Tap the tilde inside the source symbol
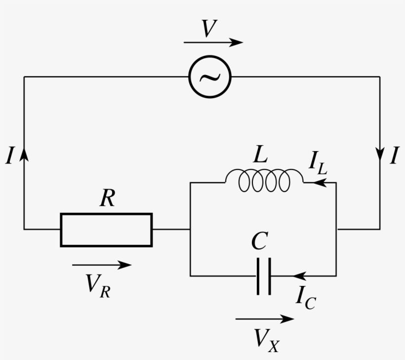pos(210,77)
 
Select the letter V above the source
pos(209,30)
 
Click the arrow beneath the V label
pos(213,43)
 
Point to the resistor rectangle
pos(106,230)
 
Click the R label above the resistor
pos(107,199)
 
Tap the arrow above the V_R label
pos(102,265)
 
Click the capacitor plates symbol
pos(264,277)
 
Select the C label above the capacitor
pos(259,241)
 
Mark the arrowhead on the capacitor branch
pos(298,276)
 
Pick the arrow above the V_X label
pos(265,319)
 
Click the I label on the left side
pos(9,157)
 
